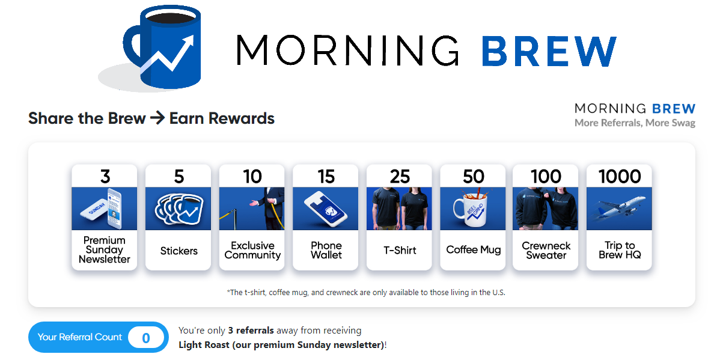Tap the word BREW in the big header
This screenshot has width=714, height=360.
[549, 51]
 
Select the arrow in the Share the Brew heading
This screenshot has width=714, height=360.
[157, 118]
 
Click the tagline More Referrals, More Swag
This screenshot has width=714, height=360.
[635, 123]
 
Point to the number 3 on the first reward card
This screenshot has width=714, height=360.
[105, 176]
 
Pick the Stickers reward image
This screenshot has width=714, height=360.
[178, 209]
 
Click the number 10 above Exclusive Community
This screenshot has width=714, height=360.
[252, 176]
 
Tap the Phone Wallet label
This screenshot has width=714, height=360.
[326, 250]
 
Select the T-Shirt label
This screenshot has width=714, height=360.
[400, 250]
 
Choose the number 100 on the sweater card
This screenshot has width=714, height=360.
[546, 176]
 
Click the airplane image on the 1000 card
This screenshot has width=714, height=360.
[619, 209]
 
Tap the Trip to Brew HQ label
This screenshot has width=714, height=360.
[619, 250]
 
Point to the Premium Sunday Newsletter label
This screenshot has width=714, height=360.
[105, 250]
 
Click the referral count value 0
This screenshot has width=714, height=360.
[145, 338]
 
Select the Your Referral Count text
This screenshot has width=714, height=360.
[80, 337]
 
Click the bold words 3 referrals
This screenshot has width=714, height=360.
[251, 331]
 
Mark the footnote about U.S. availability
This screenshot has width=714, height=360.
[366, 292]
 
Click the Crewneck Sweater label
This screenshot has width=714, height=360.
[546, 250]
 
